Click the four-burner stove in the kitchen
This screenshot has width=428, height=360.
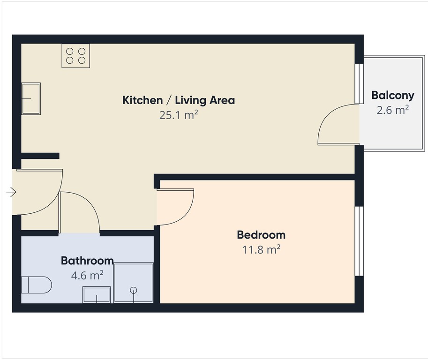(75, 56)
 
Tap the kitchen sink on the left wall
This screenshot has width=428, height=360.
(31, 98)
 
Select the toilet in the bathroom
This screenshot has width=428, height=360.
(36, 285)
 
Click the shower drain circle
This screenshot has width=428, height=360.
(134, 290)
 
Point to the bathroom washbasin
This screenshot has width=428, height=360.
(97, 295)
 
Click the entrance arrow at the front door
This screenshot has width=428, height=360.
(11, 192)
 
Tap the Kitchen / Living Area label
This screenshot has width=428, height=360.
(178, 100)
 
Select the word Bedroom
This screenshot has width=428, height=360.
(261, 235)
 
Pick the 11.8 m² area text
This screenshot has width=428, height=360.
(261, 249)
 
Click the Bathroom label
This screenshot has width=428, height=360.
(87, 261)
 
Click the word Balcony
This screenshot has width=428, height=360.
(392, 96)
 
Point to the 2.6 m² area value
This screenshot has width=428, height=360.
(392, 110)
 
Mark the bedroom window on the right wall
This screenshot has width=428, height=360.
(359, 240)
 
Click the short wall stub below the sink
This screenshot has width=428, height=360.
(40, 156)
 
